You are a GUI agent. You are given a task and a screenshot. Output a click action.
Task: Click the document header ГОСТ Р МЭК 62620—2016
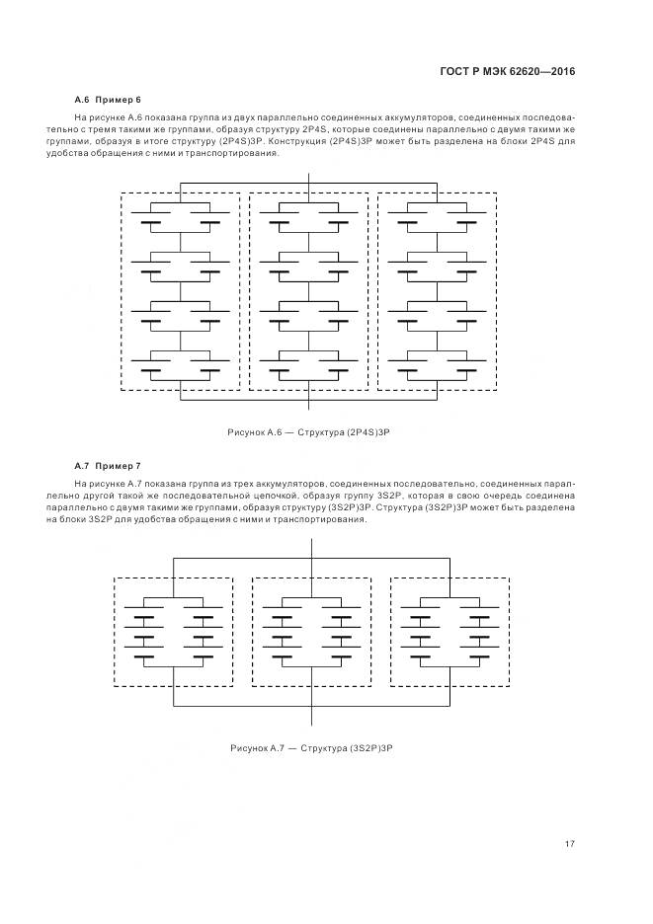[506, 71]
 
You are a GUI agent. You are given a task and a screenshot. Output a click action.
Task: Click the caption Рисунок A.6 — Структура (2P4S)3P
[310, 433]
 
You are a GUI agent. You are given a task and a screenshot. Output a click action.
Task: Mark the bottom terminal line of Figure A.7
[312, 719]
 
